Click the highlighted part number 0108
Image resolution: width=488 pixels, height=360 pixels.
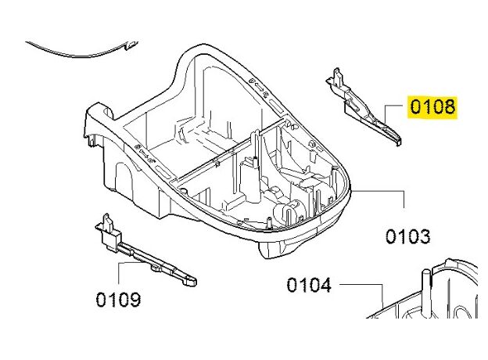pyautogui.click(x=432, y=106)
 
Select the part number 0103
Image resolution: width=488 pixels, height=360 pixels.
pyautogui.click(x=408, y=236)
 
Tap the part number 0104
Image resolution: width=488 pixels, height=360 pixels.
pyautogui.click(x=309, y=285)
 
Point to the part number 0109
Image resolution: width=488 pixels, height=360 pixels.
pyautogui.click(x=118, y=300)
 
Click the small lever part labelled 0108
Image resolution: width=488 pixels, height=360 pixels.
pyautogui.click(x=363, y=107)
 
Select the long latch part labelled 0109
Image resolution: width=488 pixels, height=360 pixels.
pyautogui.click(x=143, y=251)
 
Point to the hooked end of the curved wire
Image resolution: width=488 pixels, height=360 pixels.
pyautogui.click(x=131, y=45)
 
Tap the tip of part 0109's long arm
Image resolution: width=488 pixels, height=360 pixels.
pyautogui.click(x=192, y=282)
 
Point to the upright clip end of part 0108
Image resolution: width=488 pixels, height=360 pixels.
pyautogui.click(x=337, y=77)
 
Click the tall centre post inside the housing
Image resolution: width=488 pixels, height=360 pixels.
pyautogui.click(x=254, y=165)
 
